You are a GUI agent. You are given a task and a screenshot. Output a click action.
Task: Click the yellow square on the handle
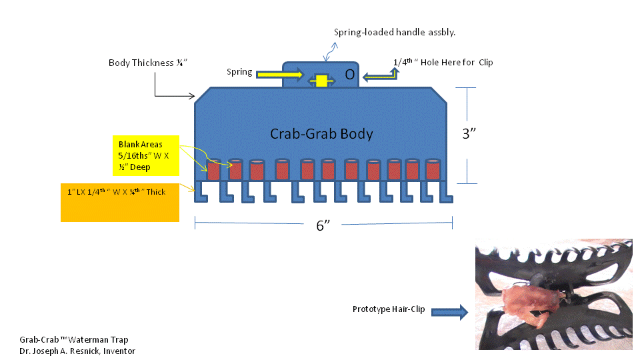[x=321, y=81]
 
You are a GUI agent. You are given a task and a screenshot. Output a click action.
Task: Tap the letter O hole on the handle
[x=349, y=75]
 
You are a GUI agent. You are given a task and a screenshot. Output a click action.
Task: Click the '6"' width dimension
[x=323, y=225]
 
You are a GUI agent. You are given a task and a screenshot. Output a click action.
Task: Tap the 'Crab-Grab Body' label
[x=321, y=133]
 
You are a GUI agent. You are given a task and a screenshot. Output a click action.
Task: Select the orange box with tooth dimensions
[x=120, y=202]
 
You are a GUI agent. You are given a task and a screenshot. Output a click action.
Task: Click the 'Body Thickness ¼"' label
[x=148, y=63]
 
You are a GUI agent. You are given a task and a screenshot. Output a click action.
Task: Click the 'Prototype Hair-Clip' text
[x=389, y=309]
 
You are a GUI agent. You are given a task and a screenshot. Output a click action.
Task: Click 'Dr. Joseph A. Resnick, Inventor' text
[x=77, y=351]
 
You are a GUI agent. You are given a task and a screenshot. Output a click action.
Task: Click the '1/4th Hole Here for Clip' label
[x=443, y=62]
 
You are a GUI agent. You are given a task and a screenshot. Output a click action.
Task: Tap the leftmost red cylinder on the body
[x=214, y=169]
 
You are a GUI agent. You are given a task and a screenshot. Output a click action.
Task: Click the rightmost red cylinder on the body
[x=433, y=169]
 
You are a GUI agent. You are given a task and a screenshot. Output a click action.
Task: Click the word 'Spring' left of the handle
[x=239, y=72]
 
